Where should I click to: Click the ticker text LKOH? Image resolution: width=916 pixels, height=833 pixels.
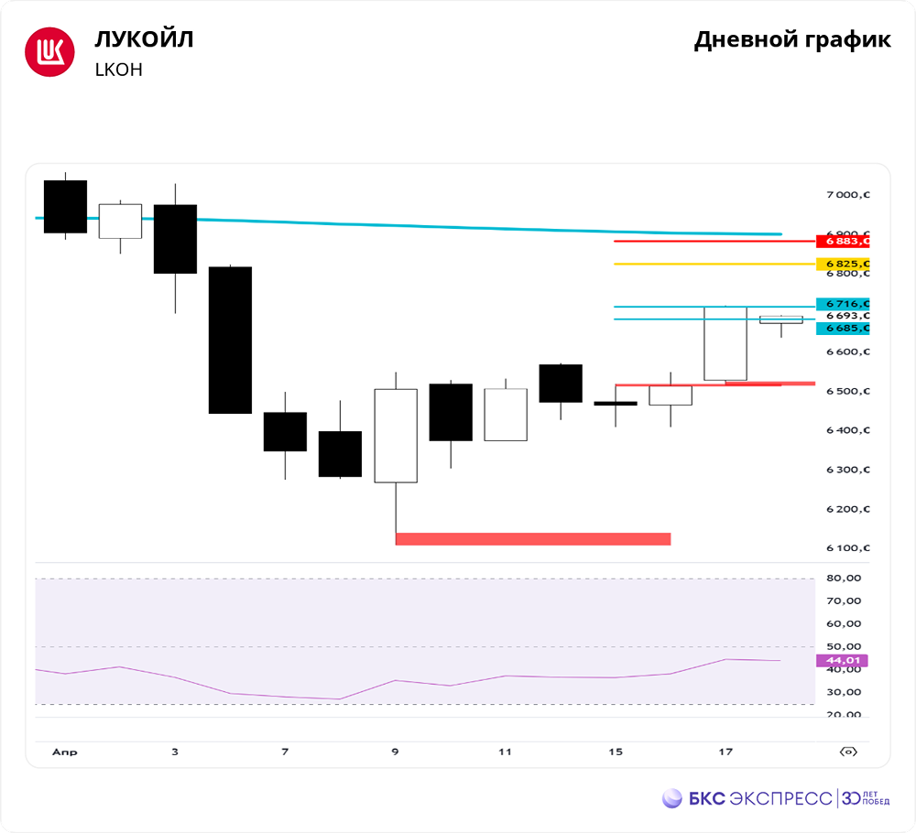118,70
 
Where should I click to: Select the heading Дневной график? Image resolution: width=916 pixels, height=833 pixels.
791,40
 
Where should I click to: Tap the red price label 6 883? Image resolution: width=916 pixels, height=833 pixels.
842,242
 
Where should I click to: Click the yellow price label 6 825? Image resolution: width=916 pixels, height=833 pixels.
842,265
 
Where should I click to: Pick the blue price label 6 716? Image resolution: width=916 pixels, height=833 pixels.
842,304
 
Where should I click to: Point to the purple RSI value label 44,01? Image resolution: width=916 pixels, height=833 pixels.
840,660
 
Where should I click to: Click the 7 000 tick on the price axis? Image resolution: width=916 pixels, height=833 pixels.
845,195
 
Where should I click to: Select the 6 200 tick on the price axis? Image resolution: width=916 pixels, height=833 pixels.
845,509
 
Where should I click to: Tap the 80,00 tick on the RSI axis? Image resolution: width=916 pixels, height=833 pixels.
843,579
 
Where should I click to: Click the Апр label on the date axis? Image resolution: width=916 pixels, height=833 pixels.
64,752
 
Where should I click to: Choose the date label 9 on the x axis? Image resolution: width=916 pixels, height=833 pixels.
395,752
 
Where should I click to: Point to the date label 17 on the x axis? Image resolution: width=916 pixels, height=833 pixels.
725,752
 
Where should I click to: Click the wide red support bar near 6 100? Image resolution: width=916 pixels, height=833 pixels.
532,539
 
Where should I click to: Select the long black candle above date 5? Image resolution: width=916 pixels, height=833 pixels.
230,340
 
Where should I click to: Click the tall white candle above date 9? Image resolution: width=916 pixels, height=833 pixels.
395,435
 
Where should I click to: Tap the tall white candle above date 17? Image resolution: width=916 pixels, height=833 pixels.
725,343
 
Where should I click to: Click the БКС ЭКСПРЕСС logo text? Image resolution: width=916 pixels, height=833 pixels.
759,798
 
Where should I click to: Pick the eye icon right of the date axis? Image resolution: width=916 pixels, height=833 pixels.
849,752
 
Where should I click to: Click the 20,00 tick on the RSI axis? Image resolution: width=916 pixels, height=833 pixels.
843,716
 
